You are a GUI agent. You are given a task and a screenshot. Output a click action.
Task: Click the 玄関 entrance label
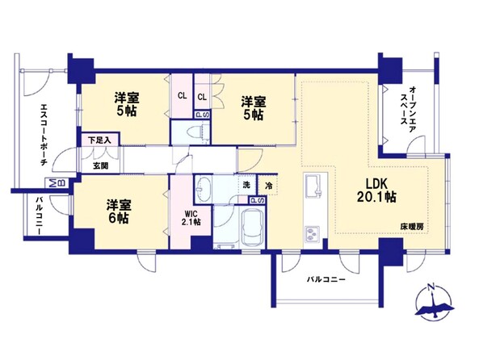pyautogui.click(x=100, y=165)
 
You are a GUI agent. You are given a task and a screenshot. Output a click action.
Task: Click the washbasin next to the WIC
pyautogui.click(x=204, y=189)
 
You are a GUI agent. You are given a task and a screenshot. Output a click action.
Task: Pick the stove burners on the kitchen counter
pyautogui.click(x=311, y=234)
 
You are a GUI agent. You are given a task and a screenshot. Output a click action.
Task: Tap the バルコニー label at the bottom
pyautogui.click(x=326, y=281)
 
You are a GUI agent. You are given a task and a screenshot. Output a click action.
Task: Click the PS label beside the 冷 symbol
pyautogui.click(x=256, y=201)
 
